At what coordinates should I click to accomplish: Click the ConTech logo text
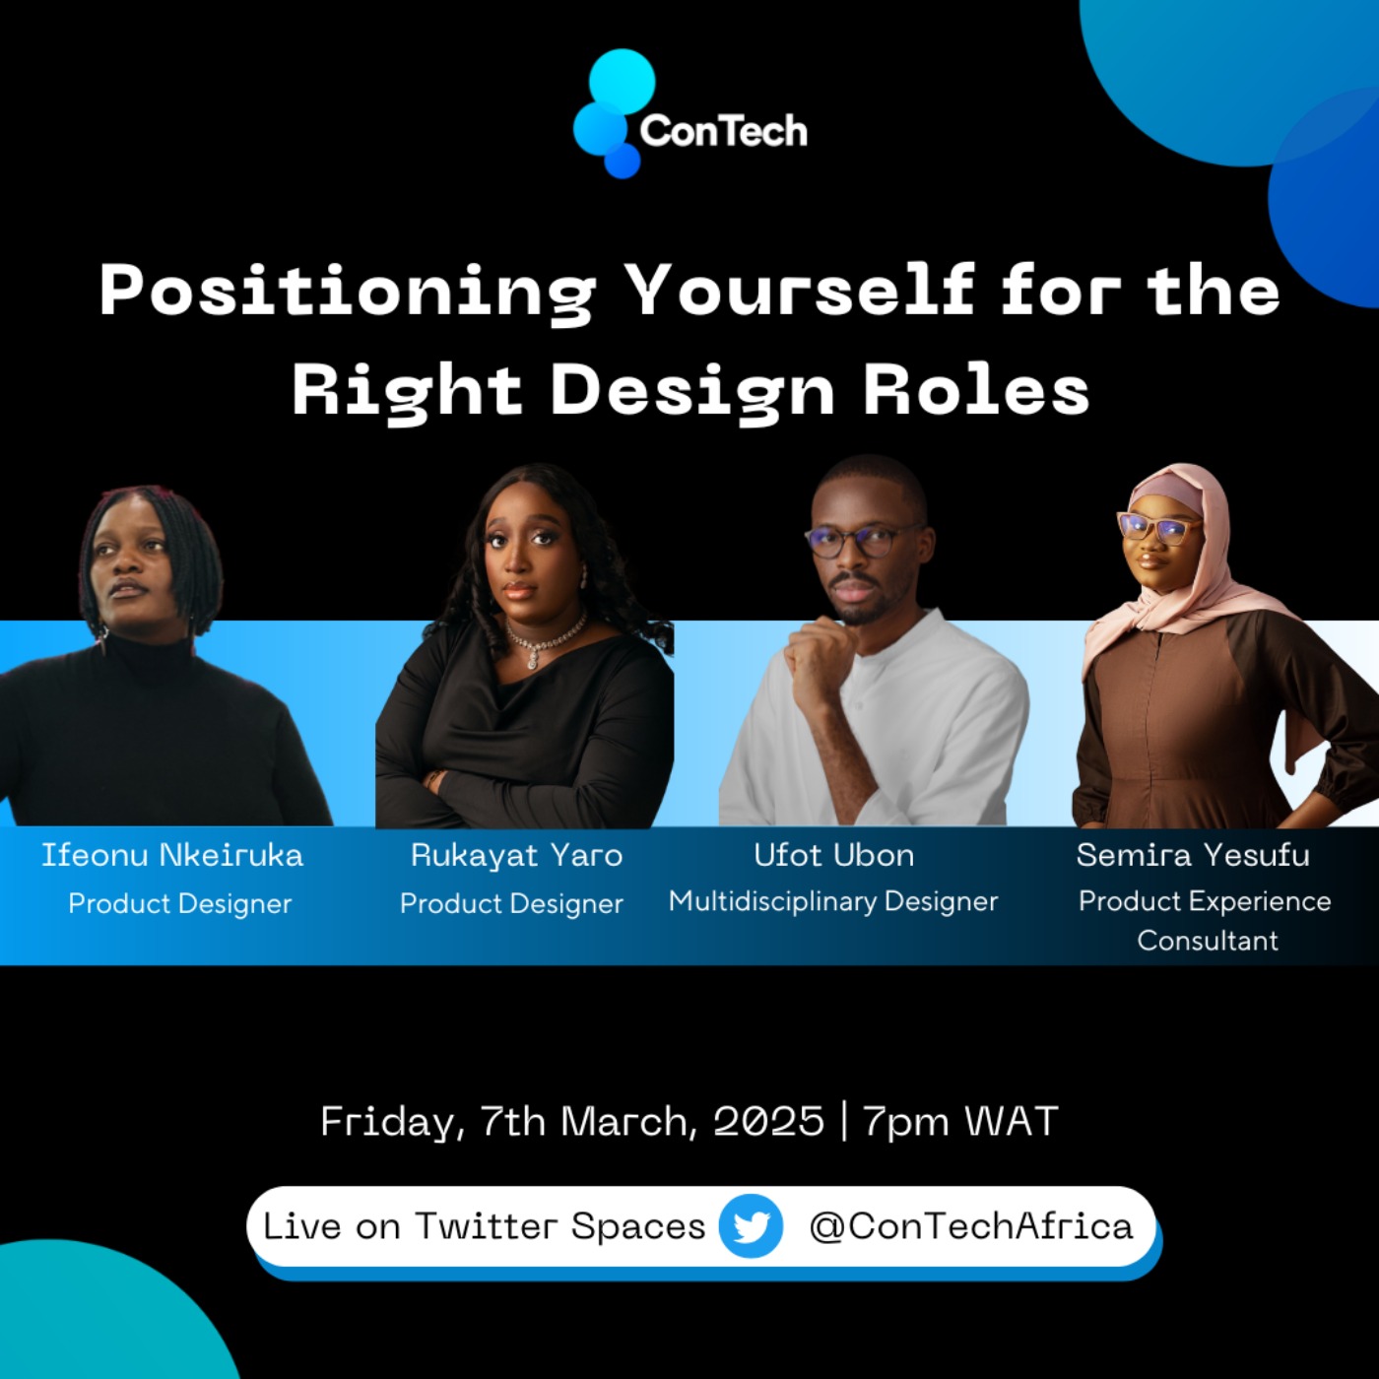723,131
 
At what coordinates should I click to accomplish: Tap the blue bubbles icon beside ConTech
614,113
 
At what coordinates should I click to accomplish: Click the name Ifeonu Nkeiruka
172,855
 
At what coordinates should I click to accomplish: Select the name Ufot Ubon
833,855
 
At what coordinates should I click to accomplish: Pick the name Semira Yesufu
1193,855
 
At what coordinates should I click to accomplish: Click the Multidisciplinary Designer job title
833,901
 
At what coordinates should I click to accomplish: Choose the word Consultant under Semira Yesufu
1208,941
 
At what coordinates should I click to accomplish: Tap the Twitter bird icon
751,1226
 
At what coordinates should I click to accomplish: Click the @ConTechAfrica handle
971,1226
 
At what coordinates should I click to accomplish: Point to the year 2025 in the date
768,1121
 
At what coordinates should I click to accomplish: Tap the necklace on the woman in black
546,640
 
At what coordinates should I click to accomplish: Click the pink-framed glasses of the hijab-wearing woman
1159,527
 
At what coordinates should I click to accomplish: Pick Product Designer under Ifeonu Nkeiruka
180,904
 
